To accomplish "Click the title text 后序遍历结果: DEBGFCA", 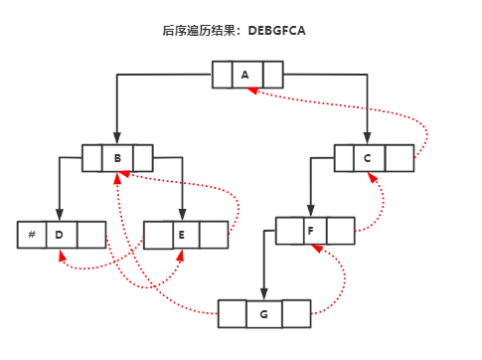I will click(x=234, y=31).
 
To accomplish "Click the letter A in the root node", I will click(x=245, y=75).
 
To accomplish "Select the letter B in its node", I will click(x=117, y=158).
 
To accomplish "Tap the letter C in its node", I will click(x=368, y=158).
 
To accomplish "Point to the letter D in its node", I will click(x=60, y=235).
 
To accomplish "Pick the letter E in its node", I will click(x=182, y=235).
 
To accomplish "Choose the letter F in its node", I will click(x=312, y=231).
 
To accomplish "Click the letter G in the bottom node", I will click(x=263, y=314).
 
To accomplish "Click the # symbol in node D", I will click(x=32, y=235).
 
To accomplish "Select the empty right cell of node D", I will click(x=91, y=235).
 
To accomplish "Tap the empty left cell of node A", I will click(x=222, y=75).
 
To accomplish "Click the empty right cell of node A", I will click(x=273, y=75).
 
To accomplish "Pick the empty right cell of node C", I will click(x=400, y=158).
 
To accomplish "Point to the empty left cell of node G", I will click(x=232, y=314).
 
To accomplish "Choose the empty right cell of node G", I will click(x=296, y=314).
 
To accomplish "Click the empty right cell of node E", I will click(x=214, y=235).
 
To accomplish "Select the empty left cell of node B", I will click(x=92, y=158).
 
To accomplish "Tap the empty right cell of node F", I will click(x=341, y=231).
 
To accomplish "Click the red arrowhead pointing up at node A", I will click(x=252, y=91).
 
